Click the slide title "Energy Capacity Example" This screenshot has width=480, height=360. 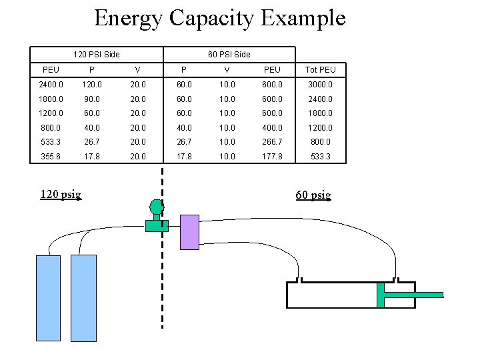pos(220,18)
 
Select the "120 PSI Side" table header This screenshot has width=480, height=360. pos(96,54)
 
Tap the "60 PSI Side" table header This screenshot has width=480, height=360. pos(229,54)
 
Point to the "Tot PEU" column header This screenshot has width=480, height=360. pos(320,70)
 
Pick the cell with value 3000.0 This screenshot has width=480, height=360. pos(320,85)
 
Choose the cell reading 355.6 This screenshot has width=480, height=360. pos(51,156)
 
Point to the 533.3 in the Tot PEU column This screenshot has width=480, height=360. pos(320,156)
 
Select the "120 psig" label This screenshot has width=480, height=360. pos(61,195)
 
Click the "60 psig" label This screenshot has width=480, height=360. pos(313,195)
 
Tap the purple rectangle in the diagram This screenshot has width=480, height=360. pos(190,232)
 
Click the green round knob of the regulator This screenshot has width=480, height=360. pos(157,206)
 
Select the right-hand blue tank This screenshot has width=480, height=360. pos(83,298)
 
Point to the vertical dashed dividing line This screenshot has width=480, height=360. pos(162,267)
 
